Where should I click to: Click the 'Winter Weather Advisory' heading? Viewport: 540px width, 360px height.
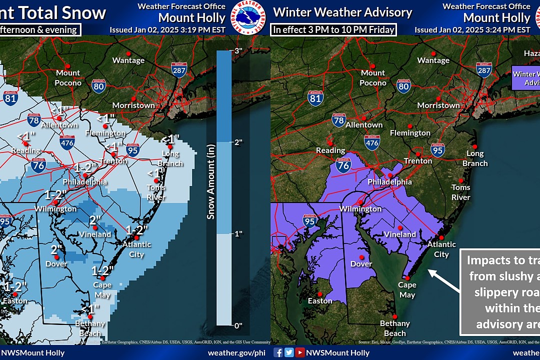point(342,12)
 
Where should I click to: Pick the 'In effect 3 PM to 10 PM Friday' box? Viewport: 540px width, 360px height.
point(333,29)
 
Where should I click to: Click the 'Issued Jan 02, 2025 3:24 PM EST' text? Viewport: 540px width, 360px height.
point(472,30)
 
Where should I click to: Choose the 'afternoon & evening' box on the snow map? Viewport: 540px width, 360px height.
point(39,29)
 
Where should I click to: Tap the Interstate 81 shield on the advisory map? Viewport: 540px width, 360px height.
point(315,97)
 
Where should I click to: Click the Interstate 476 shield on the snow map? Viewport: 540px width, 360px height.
point(67,142)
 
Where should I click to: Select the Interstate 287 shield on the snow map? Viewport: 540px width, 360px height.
point(178,70)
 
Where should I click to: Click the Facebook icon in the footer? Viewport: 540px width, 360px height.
point(278,352)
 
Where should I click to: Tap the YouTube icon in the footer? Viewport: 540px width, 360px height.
point(299,352)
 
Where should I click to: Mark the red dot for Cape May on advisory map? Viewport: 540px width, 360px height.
point(407,278)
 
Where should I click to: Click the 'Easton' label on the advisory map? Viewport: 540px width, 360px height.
point(320,301)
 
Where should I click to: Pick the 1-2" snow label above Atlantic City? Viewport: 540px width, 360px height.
point(137,229)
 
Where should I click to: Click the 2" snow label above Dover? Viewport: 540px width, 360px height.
point(56,249)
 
